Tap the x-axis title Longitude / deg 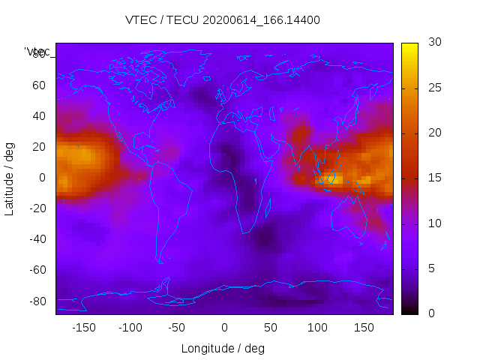click(223, 348)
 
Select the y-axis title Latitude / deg click(10, 178)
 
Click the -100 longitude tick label click(130, 327)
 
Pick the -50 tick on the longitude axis click(177, 327)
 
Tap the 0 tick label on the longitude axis click(224, 327)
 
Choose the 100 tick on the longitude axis click(317, 327)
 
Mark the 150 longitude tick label click(364, 327)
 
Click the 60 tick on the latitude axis click(38, 85)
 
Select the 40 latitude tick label click(38, 115)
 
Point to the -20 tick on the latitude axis click(36, 208)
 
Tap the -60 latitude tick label click(36, 270)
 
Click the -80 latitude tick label click(36, 301)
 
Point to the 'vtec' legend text click(37, 52)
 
